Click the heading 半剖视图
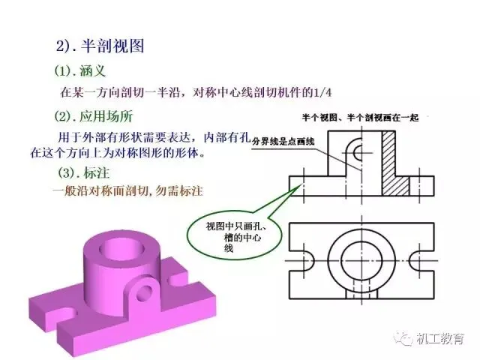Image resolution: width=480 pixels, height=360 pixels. tap(112, 46)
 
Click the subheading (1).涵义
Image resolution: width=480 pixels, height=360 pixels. tap(80, 71)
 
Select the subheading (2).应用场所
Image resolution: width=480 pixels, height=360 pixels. tap(94, 116)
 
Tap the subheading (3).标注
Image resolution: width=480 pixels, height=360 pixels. tap(84, 173)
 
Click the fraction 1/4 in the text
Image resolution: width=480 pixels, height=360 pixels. tap(322, 92)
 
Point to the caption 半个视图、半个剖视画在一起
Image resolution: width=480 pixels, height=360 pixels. tap(360, 118)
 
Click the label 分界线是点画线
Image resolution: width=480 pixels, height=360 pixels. tap(283, 142)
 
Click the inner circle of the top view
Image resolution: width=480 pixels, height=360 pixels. tap(361, 261)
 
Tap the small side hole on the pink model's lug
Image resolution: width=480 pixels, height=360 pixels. tap(145, 293)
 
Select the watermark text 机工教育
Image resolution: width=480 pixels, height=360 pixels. tap(440, 338)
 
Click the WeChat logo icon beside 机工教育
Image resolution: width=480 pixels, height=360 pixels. tap(403, 338)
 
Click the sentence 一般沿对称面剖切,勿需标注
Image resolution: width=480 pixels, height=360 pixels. tap(128, 191)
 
